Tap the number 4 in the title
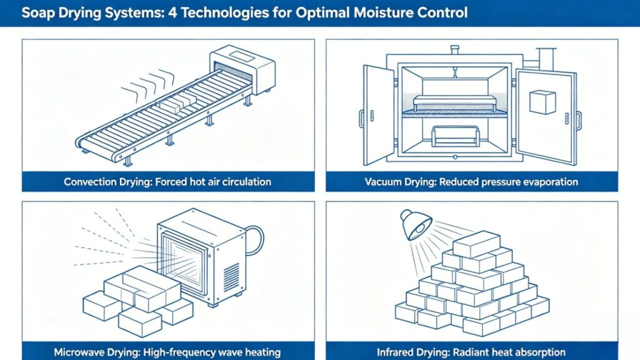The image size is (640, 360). (x=181, y=13)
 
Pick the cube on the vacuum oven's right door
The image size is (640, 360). (x=542, y=102)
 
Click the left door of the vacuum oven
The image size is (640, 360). (x=378, y=114)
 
